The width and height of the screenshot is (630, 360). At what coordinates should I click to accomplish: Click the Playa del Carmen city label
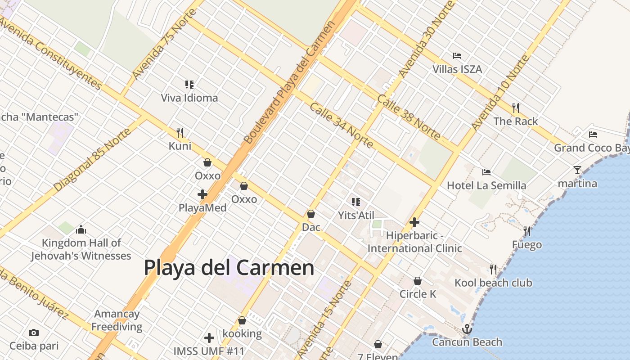229,268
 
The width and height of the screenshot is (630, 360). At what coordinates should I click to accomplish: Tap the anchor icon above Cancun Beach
467,329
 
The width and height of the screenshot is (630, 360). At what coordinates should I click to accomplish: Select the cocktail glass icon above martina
577,170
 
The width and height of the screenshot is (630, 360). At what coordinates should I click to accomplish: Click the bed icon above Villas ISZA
457,56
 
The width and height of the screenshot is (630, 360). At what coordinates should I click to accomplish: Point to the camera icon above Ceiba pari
34,333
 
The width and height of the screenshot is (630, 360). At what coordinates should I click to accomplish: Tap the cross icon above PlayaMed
202,194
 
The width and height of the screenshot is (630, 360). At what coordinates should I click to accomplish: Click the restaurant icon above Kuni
180,132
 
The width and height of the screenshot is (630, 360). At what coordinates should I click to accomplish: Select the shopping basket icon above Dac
310,214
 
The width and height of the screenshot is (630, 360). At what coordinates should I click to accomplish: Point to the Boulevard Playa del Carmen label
290,82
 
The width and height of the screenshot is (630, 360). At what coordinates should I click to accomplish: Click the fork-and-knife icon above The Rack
516,108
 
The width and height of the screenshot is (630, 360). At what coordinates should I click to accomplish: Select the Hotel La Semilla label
486,185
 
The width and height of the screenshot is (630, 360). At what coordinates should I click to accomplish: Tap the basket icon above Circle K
418,281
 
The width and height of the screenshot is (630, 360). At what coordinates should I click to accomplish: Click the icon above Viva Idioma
189,84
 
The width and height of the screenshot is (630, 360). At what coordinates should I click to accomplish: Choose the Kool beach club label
493,283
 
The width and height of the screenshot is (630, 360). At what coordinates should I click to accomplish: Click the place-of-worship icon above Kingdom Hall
81,229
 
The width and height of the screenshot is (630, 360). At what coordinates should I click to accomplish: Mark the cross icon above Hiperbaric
414,222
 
